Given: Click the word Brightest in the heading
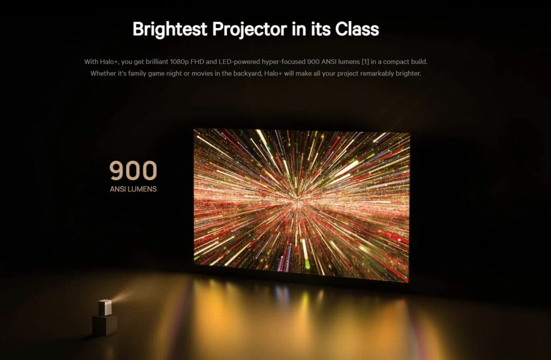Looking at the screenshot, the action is tap(169, 29).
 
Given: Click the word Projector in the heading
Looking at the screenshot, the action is tap(250, 29).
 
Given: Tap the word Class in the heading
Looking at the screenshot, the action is tap(357, 29).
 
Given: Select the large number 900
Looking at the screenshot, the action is tap(133, 171).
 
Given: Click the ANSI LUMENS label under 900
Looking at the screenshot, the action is tap(133, 189).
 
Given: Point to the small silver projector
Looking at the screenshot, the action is tap(105, 307).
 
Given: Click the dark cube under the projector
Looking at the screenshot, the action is tap(105, 325).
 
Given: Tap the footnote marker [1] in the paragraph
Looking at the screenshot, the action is tap(365, 62).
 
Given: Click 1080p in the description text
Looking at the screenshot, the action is tap(179, 62).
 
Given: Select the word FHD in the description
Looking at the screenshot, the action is tap(197, 62).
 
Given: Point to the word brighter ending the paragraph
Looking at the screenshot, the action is tap(408, 74).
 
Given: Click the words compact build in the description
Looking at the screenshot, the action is tap(405, 62).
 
